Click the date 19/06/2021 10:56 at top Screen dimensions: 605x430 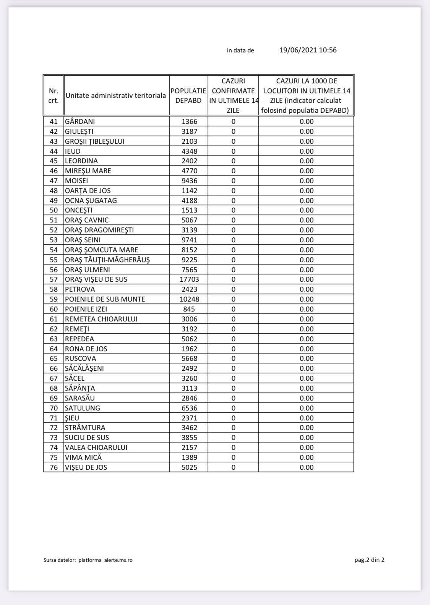pos(308,50)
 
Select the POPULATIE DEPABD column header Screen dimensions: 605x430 pos(188,96)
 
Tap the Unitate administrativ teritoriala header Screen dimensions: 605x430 pos(116,96)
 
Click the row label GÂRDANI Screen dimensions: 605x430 pos(80,122)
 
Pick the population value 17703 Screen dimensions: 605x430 pos(189,279)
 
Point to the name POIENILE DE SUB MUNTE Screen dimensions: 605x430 pos(105,299)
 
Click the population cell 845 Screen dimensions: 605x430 pos(189,309)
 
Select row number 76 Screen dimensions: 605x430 pos(54,467)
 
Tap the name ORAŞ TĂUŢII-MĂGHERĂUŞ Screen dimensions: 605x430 pos(107,260)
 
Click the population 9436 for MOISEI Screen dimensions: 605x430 pos(189,181)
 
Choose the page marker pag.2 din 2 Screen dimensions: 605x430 pos(369,560)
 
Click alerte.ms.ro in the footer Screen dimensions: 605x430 pos(118,560)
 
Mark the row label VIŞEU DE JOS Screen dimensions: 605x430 pos(86,467)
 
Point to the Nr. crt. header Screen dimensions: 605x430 pos(54,96)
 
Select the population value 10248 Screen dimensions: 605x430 pos(189,299)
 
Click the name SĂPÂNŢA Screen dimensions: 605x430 pos(80,388)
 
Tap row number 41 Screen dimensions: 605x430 pos(54,122)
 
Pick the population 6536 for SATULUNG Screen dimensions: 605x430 pos(189,408)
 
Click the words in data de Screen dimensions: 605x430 pos(240,50)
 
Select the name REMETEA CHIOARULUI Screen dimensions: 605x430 pos(101,319)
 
